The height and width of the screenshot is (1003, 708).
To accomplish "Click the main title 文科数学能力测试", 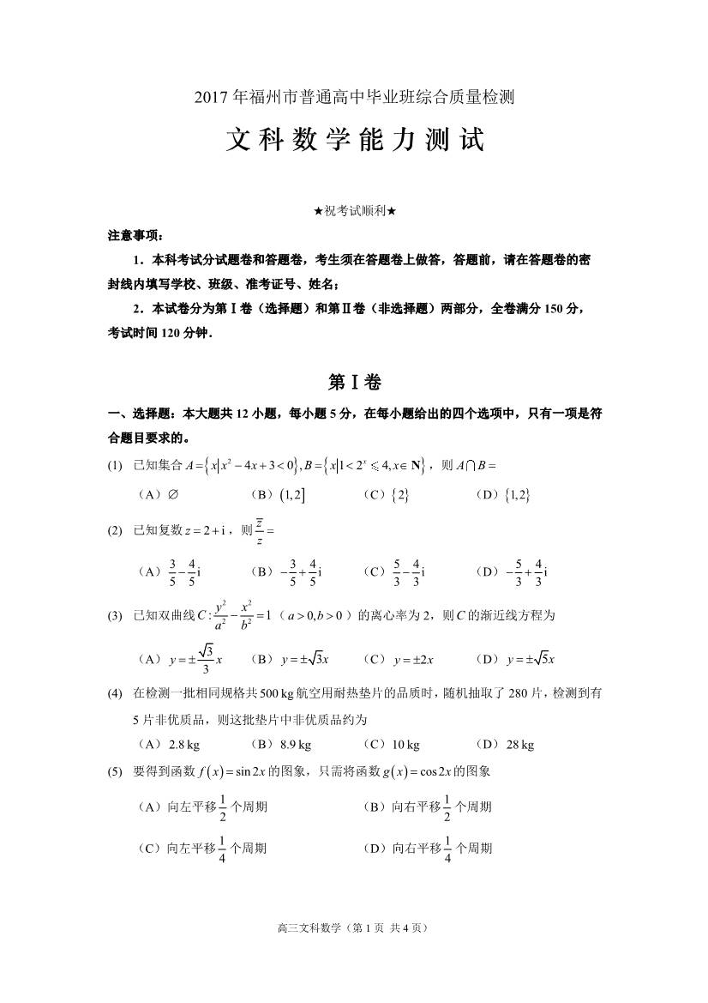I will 354,141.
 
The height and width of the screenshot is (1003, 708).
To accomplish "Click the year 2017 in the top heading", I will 210,97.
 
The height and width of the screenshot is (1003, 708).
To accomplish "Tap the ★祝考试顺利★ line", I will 354,211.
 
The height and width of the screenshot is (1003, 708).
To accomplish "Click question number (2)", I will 116,530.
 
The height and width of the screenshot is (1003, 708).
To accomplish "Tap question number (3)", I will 116,616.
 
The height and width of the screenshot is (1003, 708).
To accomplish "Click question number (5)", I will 116,771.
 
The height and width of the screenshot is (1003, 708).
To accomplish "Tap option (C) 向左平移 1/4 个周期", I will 202,849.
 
